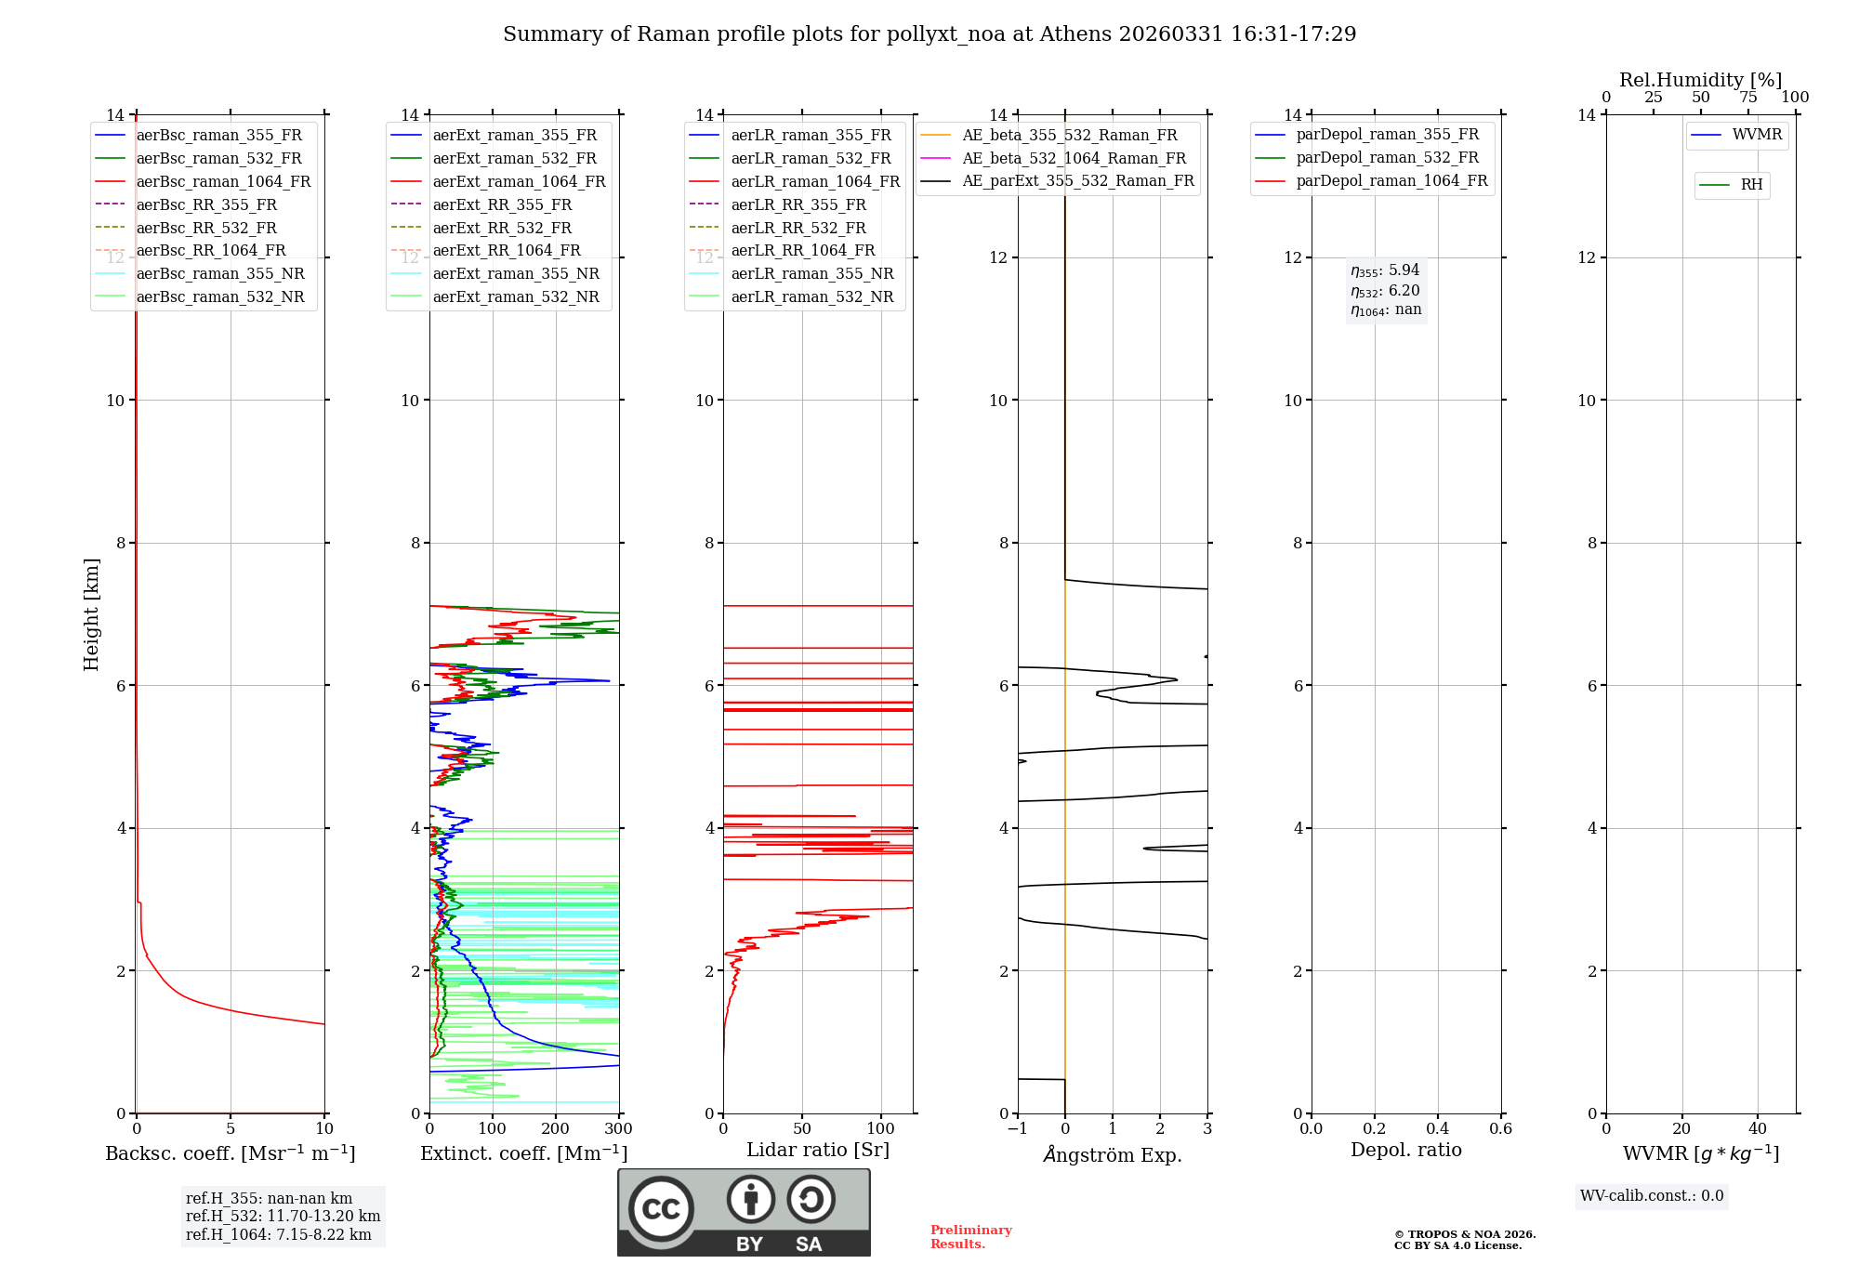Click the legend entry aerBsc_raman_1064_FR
click(223, 182)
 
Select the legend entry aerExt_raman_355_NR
click(516, 274)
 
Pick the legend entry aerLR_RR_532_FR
click(798, 229)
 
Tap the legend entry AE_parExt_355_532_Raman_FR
click(1078, 181)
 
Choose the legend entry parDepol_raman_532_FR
click(1387, 158)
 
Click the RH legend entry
click(1751, 186)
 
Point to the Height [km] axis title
click(91, 614)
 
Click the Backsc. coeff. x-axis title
click(231, 1153)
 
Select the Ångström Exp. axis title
click(1113, 1155)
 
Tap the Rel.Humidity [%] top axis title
click(1700, 80)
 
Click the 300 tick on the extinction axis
click(618, 1129)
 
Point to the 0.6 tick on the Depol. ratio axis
click(1500, 1129)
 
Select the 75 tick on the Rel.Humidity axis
click(1747, 98)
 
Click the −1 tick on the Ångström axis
click(1017, 1129)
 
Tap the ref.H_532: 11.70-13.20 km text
click(283, 1217)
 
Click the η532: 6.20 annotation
click(1385, 291)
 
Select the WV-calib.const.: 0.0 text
click(1652, 1196)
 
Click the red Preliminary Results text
click(970, 1237)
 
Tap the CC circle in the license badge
click(661, 1209)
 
